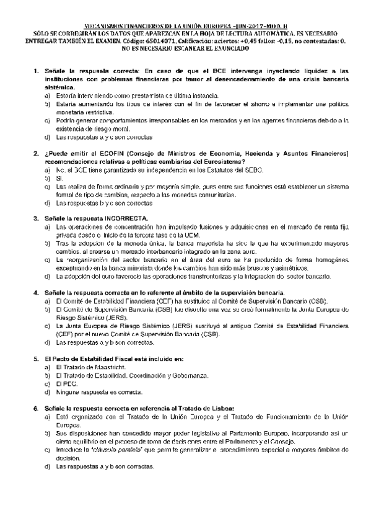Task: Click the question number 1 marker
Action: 37,71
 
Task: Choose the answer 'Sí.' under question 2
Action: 60,177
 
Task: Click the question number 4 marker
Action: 37,292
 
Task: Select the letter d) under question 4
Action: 48,342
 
